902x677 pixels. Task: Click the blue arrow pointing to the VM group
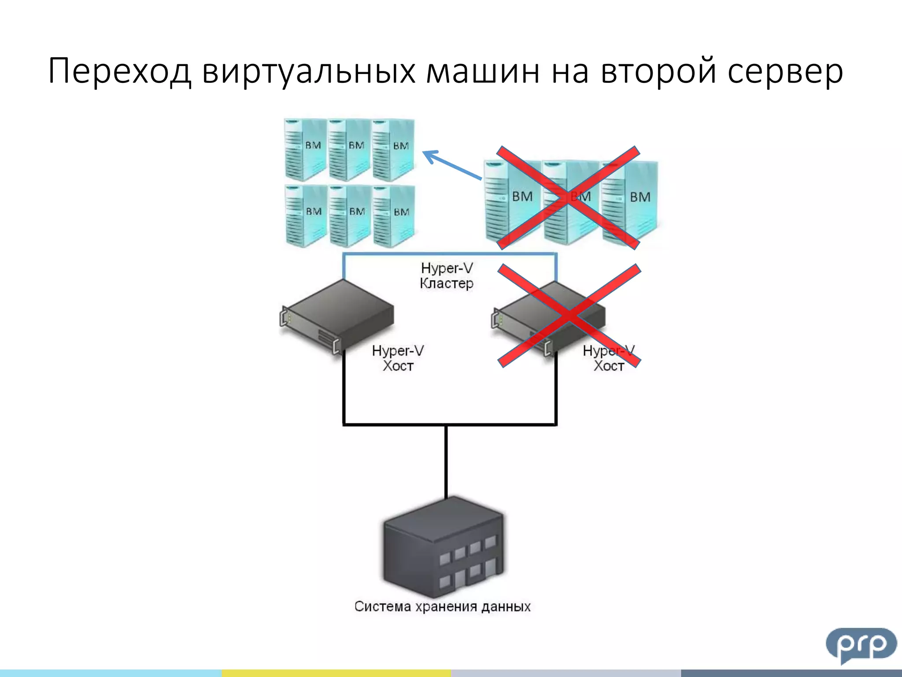tap(451, 165)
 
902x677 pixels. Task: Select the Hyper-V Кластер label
tap(447, 275)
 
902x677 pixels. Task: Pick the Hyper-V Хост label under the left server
tap(398, 358)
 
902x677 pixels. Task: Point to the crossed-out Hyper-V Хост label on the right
tap(609, 358)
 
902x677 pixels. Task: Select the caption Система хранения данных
tap(442, 606)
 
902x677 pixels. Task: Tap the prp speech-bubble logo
tap(861, 644)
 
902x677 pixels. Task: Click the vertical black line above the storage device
tap(446, 461)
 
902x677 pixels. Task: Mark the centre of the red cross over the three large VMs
tap(568, 198)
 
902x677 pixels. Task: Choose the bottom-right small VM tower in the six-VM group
tap(393, 216)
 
